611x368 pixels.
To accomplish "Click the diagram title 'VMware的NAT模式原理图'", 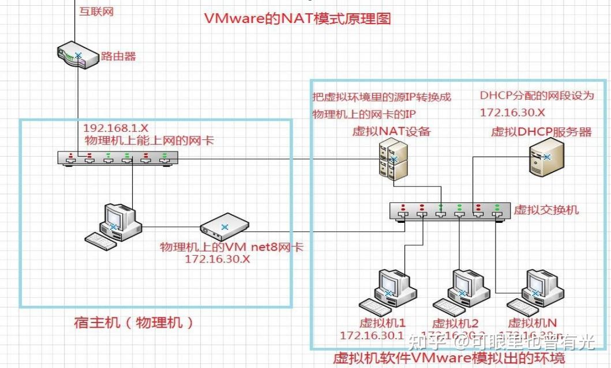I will pyautogui.click(x=298, y=18).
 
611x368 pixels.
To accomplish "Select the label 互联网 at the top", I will pyautogui.click(x=96, y=12).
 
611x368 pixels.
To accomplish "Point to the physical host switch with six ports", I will pyautogui.click(x=117, y=158).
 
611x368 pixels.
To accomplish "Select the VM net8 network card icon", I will pyautogui.click(x=224, y=226).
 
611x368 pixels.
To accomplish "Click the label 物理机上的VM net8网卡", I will pyautogui.click(x=231, y=248).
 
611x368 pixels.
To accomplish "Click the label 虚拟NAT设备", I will pyautogui.click(x=392, y=131).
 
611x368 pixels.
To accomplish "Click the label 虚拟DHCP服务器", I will pyautogui.click(x=541, y=132).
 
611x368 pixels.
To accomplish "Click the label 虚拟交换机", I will pyautogui.click(x=546, y=210).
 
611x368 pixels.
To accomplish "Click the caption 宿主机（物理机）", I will pyautogui.click(x=134, y=322).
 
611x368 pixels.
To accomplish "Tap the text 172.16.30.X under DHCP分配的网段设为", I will pyautogui.click(x=512, y=113).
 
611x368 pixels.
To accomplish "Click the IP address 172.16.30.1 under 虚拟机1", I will pyautogui.click(x=373, y=335).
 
